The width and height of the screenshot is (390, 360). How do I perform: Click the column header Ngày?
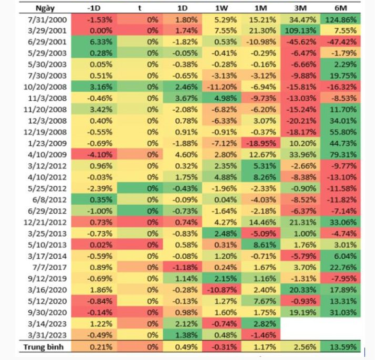(47, 8)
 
